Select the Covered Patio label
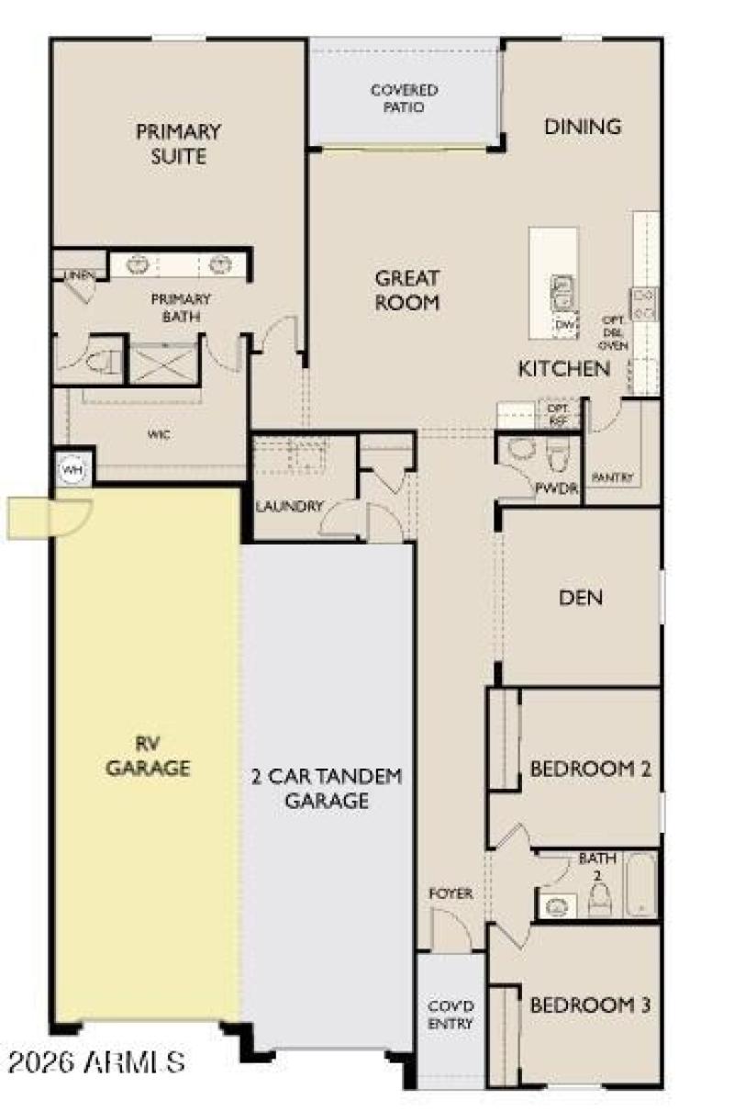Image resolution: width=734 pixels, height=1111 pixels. (x=404, y=98)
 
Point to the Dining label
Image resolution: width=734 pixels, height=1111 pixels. (x=583, y=127)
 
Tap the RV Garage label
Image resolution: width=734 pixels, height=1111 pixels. (x=148, y=756)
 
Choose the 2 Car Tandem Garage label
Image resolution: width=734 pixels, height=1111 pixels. (x=326, y=788)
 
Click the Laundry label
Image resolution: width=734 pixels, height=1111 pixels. (x=289, y=506)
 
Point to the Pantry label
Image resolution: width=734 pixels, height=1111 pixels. (x=612, y=477)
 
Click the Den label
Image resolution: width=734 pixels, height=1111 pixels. (x=581, y=598)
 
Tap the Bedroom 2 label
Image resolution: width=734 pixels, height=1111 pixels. (x=590, y=769)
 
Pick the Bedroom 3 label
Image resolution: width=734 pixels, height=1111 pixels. (x=590, y=1004)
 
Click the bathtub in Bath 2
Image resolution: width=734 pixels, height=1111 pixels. (x=641, y=885)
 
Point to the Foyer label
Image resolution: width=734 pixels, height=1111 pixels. (x=450, y=893)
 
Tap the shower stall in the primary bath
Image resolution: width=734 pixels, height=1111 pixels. (x=163, y=362)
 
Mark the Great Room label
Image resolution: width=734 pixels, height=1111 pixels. (x=407, y=289)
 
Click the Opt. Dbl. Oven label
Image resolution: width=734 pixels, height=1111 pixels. (x=612, y=332)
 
